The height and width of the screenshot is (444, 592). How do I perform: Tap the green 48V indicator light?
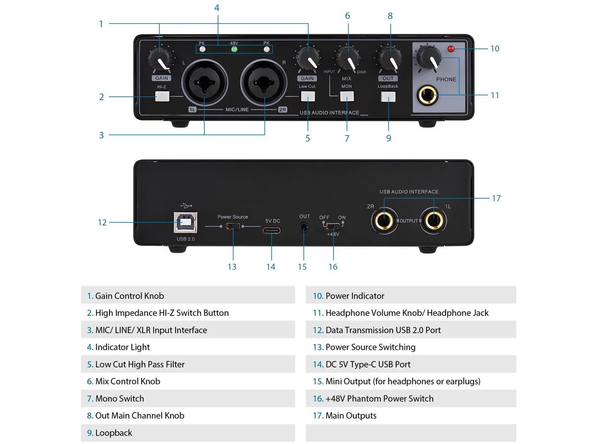(x=234, y=49)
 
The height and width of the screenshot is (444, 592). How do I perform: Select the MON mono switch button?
(x=347, y=97)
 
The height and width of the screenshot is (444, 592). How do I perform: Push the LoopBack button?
(x=388, y=97)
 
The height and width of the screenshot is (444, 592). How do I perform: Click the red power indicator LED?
(x=450, y=48)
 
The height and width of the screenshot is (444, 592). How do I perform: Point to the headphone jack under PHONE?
(x=427, y=94)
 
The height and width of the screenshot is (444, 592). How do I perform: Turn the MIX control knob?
(x=348, y=59)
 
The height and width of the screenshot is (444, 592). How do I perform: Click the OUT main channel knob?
(x=389, y=59)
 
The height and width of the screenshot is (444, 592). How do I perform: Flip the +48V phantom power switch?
(x=333, y=225)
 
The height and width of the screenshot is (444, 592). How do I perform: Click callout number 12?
(x=102, y=222)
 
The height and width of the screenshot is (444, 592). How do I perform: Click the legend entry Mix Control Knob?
(x=127, y=381)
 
